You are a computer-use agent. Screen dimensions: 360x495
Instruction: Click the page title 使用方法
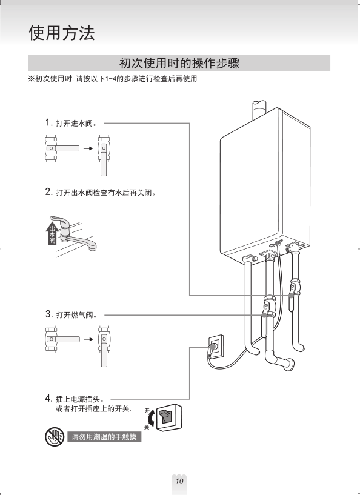coord(62,33)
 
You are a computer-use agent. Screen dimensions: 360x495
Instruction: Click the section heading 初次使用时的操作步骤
coord(179,63)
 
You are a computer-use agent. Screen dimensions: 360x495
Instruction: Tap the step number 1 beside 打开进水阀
coord(48,122)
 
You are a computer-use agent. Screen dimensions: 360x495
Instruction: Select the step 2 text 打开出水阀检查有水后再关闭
coord(106,193)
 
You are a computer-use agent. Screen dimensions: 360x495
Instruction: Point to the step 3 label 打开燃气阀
coord(76,315)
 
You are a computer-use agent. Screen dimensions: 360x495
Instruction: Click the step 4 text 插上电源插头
coord(79,399)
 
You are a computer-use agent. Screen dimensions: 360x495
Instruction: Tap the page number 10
coord(179,481)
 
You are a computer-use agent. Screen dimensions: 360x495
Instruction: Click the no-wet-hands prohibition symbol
coord(55,437)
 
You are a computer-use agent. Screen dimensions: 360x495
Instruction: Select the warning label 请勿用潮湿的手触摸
coord(104,437)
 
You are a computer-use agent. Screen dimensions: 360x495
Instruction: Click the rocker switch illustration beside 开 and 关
coord(169,417)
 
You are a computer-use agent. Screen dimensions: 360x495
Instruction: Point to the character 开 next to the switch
coord(147,411)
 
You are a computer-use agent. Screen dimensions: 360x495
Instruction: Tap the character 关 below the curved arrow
coord(147,427)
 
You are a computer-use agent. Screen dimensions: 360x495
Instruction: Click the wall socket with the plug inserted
coord(216,347)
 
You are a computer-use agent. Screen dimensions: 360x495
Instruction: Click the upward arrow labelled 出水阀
coord(52,233)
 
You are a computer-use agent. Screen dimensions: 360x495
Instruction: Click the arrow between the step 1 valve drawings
coord(88,148)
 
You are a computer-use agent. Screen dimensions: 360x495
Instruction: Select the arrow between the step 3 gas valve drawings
coord(88,339)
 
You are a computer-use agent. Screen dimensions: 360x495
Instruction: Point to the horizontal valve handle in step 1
coord(64,148)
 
